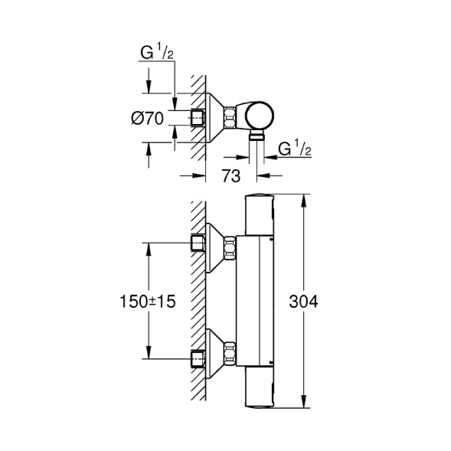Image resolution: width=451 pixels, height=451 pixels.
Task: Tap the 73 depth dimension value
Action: coord(231,175)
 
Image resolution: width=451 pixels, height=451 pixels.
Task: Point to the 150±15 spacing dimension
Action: coord(147,301)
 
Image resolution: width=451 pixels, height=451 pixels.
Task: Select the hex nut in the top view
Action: coord(231,117)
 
